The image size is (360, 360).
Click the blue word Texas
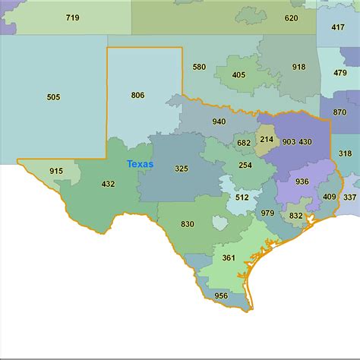pyautogui.click(x=139, y=164)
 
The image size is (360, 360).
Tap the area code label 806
pyautogui.click(x=137, y=95)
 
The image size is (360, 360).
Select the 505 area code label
pyautogui.click(x=53, y=97)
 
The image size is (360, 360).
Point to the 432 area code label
pyautogui.click(x=108, y=184)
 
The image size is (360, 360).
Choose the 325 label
pyautogui.click(x=182, y=168)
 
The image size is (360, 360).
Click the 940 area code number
pyautogui.click(x=219, y=122)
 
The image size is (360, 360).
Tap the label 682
pyautogui.click(x=243, y=143)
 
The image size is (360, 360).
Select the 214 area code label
pyautogui.click(x=267, y=140)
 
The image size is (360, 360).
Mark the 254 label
pyautogui.click(x=245, y=165)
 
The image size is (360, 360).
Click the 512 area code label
pyautogui.click(x=242, y=197)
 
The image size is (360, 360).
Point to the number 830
pyautogui.click(x=187, y=224)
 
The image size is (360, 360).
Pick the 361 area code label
pyautogui.click(x=229, y=258)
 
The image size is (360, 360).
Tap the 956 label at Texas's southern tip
pyautogui.click(x=221, y=295)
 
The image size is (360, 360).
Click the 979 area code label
pyautogui.click(x=267, y=213)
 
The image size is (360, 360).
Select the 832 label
pyautogui.click(x=295, y=216)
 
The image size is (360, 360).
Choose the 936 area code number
pyautogui.click(x=302, y=182)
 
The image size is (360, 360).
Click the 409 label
pyautogui.click(x=329, y=197)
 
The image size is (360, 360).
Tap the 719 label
pyautogui.click(x=72, y=17)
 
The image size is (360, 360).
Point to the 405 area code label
pyautogui.click(x=238, y=75)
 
